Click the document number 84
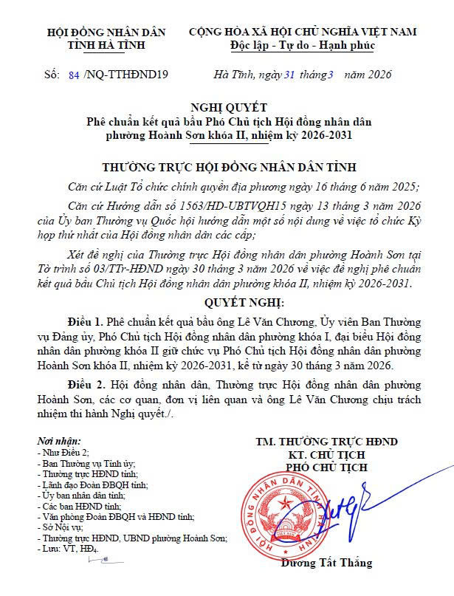coord(72,75)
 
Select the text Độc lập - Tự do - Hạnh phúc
coord(303,46)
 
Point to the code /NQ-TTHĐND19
coord(128,75)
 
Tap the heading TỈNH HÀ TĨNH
coord(106,46)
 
